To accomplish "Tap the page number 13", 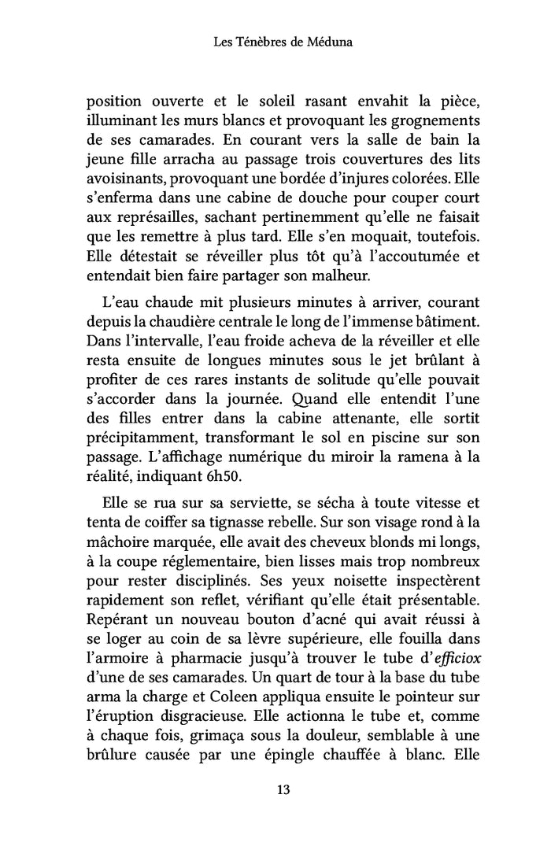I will (x=275, y=790).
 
